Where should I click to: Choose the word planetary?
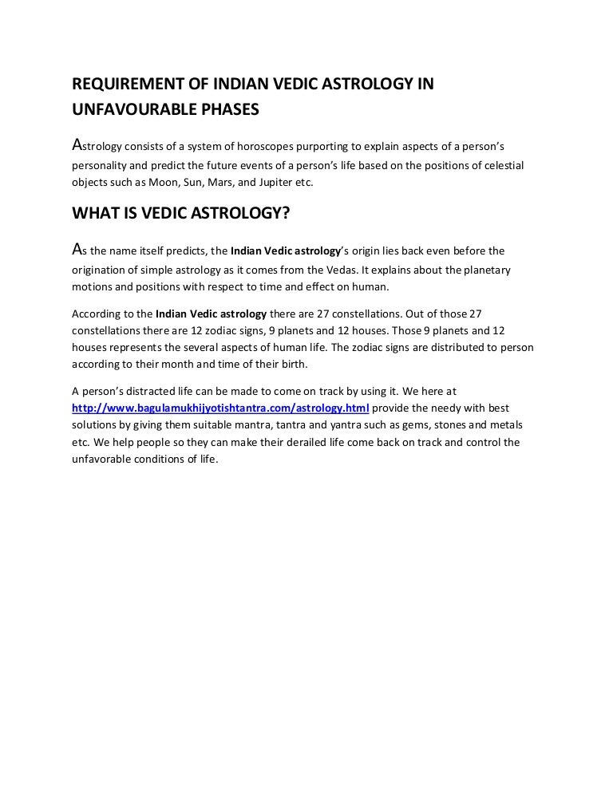point(487,270)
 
